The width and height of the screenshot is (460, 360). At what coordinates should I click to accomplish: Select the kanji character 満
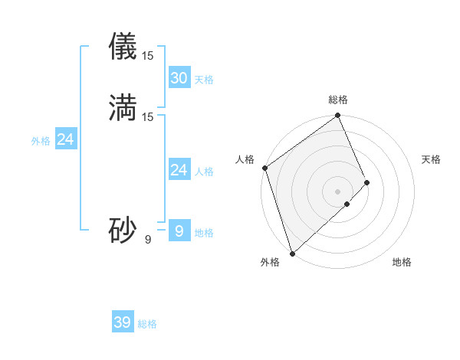pos(123,107)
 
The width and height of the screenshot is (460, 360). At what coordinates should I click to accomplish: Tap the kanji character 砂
pos(123,229)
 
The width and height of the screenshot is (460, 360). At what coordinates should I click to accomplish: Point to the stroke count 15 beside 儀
pos(148,55)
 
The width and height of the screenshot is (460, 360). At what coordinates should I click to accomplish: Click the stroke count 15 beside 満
pos(148,116)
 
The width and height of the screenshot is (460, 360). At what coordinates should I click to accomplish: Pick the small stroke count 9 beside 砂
pos(148,239)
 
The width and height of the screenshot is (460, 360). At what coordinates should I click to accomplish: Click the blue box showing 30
pos(179,77)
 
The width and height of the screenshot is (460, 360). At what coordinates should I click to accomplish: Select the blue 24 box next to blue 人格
pos(179,170)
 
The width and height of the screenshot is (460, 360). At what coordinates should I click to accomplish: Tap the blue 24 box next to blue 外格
pos(66,139)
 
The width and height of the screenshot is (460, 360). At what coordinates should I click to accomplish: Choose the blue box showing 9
pos(179,230)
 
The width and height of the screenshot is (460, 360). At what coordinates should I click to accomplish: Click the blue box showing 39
pos(123,322)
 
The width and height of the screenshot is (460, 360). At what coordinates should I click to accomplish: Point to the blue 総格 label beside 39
pos(147,324)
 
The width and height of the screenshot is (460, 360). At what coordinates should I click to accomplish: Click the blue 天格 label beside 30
pos(204,80)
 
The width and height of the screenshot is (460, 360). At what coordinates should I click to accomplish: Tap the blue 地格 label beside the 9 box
pos(204,233)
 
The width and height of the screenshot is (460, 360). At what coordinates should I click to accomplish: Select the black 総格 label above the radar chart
pos(338,100)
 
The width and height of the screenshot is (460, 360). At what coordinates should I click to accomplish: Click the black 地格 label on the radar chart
pos(402,263)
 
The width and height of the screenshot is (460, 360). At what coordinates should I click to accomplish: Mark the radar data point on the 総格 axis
pos(338,116)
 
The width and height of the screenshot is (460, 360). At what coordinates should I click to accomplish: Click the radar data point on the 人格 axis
pos(264,168)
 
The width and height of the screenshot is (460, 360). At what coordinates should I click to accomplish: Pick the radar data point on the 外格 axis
pos(292,254)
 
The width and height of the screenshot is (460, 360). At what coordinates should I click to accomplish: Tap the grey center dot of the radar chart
pos(338,191)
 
